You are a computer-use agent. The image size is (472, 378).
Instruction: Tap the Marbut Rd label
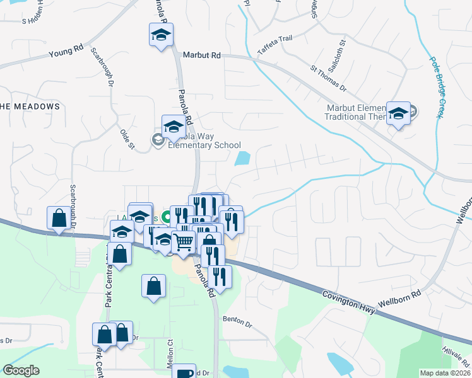point(201,55)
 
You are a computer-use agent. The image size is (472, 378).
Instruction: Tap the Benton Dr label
point(237,321)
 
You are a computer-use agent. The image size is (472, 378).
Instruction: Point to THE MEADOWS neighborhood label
point(30,106)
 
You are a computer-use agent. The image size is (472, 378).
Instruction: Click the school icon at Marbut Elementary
point(398,113)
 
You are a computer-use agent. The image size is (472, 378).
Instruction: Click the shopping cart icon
point(183,241)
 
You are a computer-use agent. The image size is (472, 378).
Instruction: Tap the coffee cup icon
point(184,373)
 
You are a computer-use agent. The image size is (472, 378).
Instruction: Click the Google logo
point(21,370)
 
